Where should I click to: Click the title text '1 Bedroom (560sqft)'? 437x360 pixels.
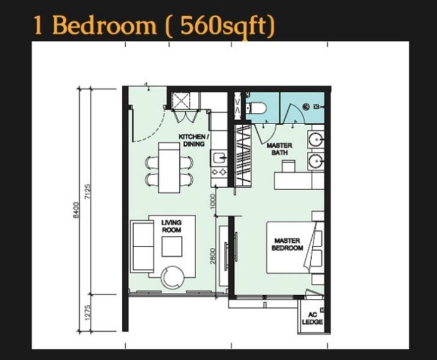tap(154, 26)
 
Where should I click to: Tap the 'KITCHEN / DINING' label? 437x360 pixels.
tap(192, 140)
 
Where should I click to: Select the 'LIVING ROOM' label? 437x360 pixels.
tap(171, 226)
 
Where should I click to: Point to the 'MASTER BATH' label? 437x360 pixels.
tap(279, 149)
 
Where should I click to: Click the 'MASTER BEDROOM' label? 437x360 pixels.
tap(287, 244)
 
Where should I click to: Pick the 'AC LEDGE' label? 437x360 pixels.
tap(312, 318)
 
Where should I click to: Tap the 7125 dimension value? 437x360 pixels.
tap(88, 191)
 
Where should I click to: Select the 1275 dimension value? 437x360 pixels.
tap(88, 313)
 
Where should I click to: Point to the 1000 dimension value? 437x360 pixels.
tap(212, 202)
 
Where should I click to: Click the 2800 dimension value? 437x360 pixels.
tap(213, 256)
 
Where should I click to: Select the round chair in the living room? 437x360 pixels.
tap(173, 278)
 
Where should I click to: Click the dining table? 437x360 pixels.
tap(169, 167)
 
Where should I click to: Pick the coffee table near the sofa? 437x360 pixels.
tap(172, 246)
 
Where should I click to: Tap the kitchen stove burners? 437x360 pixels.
tap(219, 172)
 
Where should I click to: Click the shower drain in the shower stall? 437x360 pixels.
tap(306, 106)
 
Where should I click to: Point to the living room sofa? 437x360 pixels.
tap(142, 246)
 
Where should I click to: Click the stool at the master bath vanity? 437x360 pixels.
tap(288, 166)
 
